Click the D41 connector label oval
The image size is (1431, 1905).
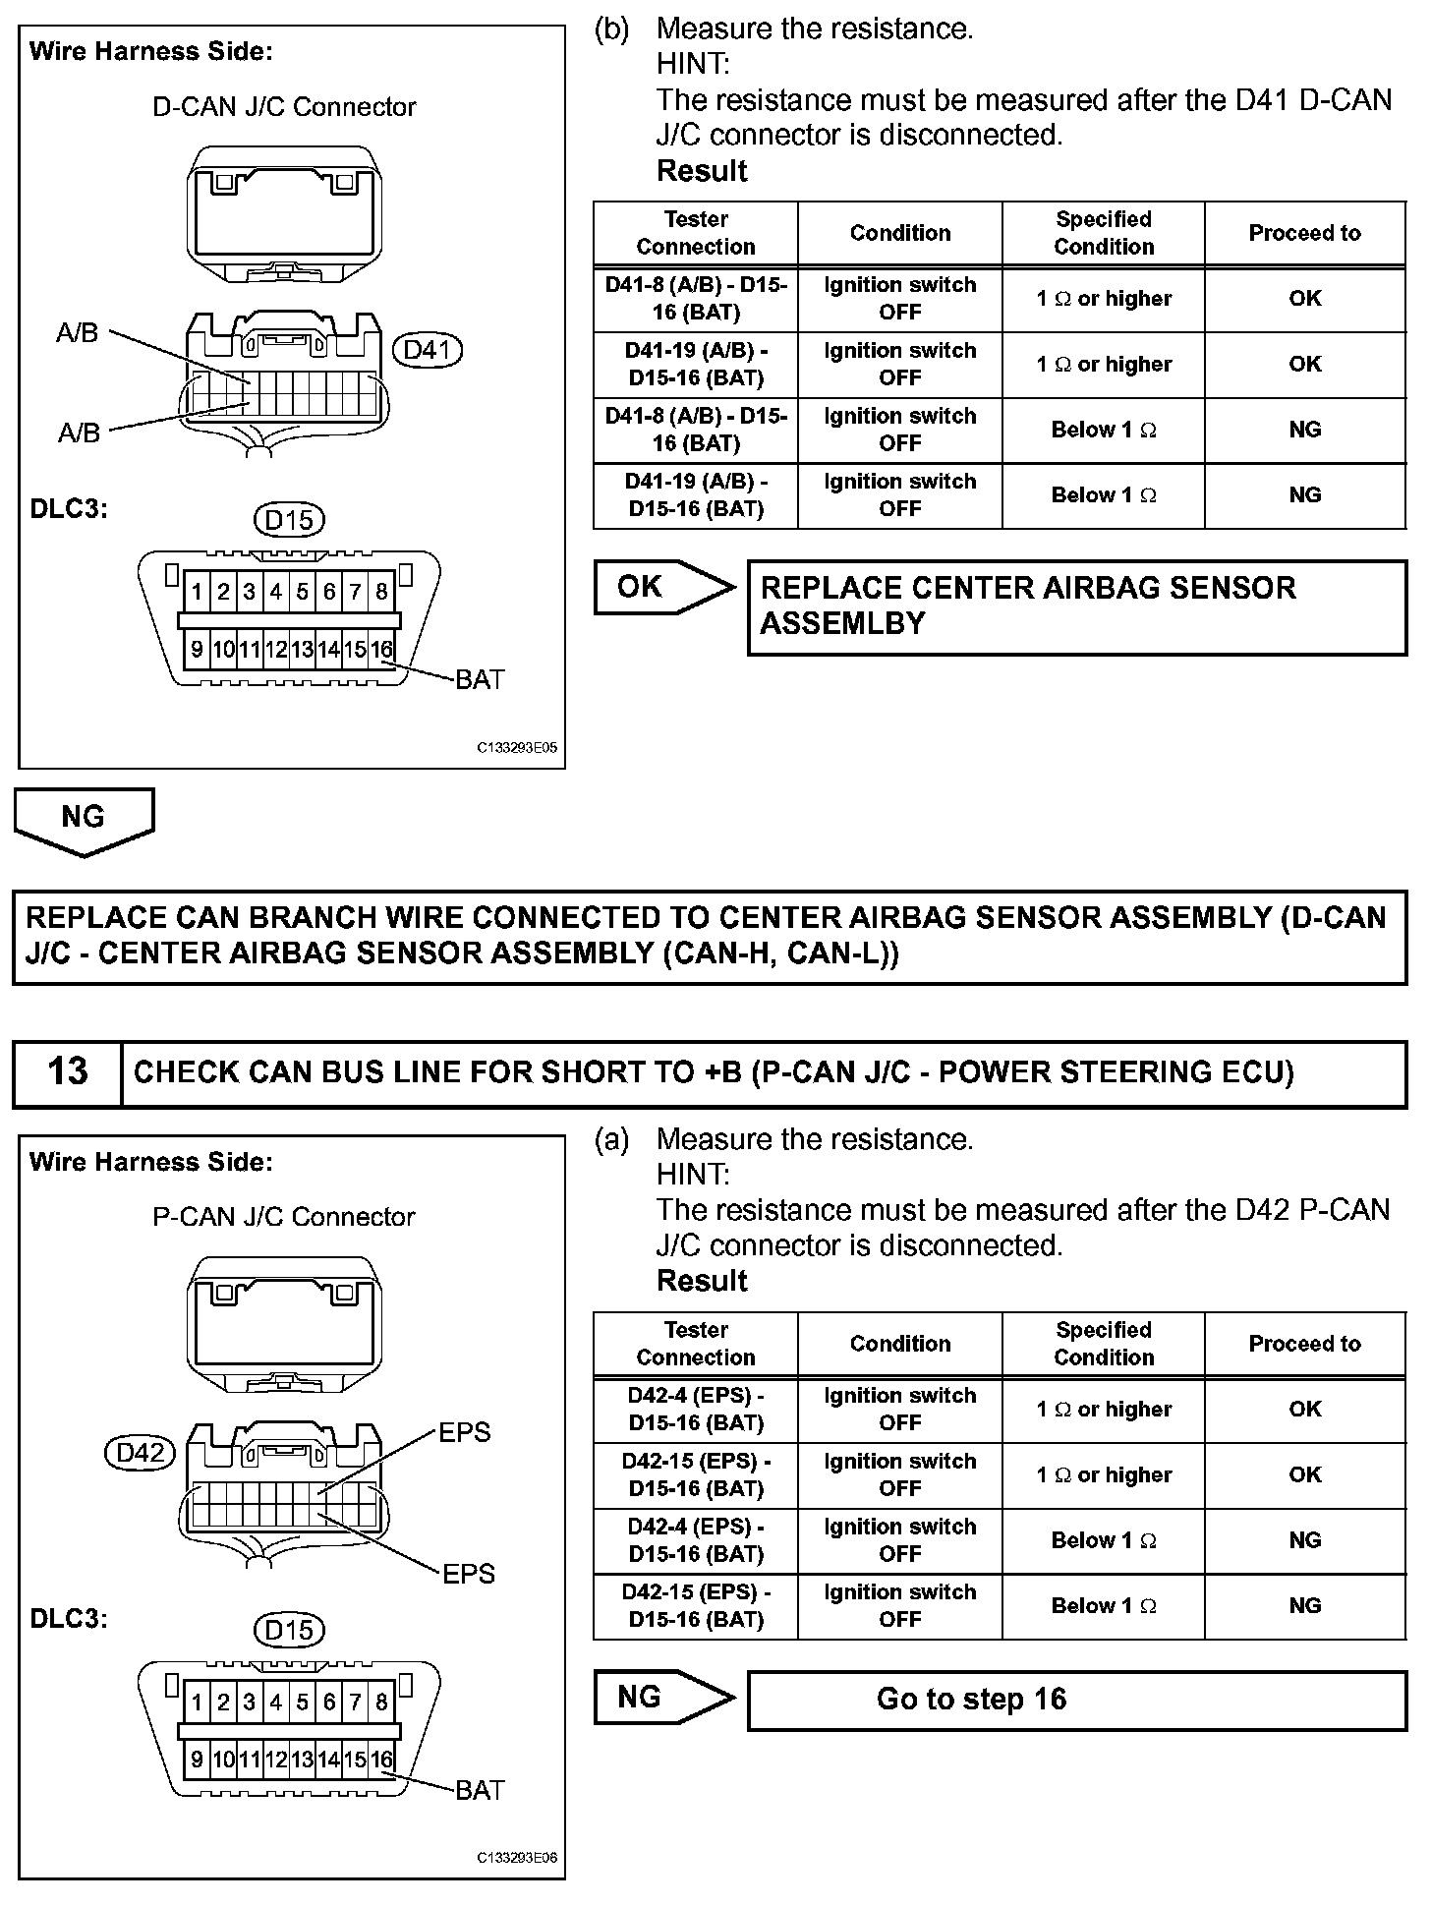[427, 350]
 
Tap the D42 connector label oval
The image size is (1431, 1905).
[140, 1453]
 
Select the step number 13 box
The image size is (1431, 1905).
[68, 1072]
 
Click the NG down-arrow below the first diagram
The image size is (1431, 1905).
[84, 820]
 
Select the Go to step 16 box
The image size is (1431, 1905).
[1076, 1700]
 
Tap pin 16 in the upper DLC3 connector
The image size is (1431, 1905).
[381, 649]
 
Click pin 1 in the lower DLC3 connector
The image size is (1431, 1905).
[197, 1703]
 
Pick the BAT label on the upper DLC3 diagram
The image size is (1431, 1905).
[480, 679]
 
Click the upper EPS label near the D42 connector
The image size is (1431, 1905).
[464, 1432]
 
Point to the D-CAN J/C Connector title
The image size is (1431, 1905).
[284, 106]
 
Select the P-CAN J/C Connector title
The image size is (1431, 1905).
[284, 1217]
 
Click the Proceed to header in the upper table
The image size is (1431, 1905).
[1304, 233]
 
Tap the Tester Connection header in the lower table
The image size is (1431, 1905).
[696, 1344]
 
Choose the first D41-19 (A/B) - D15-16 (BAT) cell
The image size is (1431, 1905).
[696, 365]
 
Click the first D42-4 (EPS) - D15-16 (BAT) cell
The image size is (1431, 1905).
[696, 1410]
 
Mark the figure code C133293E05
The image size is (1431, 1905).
[517, 747]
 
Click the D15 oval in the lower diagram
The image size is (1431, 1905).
[289, 1631]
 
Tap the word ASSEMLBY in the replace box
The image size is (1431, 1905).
[843, 624]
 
